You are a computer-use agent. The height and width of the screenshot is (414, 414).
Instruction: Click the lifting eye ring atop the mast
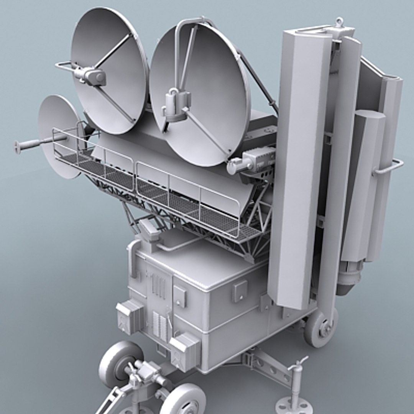coord(339,22)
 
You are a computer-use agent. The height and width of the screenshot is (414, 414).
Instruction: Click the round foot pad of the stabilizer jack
coord(294,406)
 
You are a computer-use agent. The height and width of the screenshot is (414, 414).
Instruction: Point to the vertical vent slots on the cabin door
coord(158,286)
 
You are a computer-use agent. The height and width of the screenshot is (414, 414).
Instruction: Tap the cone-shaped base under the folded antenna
coord(349,278)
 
